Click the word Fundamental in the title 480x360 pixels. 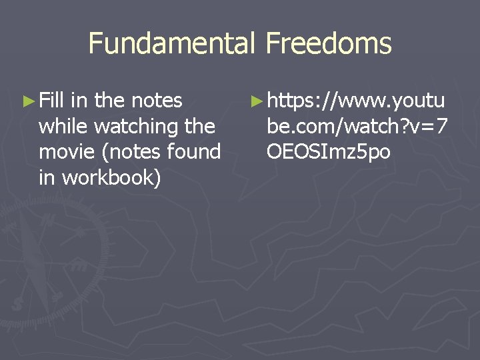tap(171, 44)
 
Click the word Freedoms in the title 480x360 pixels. tap(328, 44)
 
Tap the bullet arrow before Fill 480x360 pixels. tap(27, 101)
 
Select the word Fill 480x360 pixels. tap(51, 101)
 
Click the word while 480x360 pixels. tap(65, 126)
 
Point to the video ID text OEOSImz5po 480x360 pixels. tap(328, 151)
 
